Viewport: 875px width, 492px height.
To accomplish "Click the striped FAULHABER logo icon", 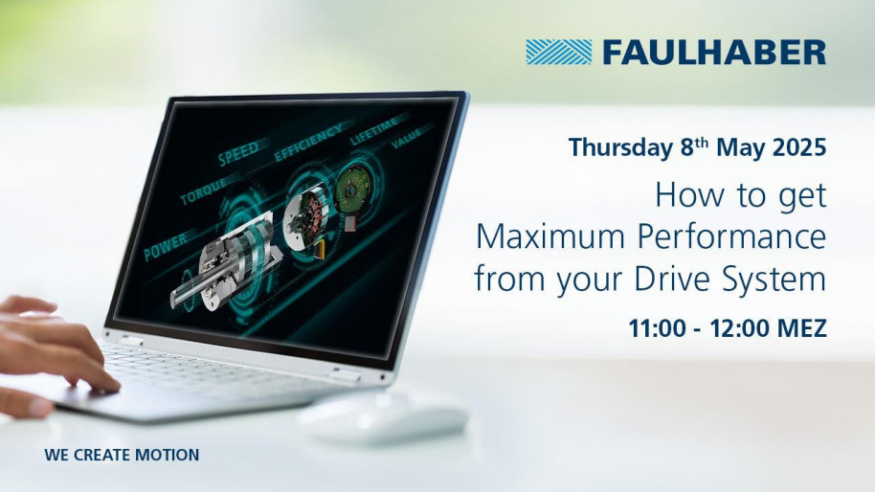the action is coord(558,52).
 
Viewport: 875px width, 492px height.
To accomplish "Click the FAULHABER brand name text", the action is coord(714,53).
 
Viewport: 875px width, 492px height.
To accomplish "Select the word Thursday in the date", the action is coord(620,147).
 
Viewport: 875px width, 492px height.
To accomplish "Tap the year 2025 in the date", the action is coord(799,147).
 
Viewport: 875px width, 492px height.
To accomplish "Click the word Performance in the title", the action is coord(731,237).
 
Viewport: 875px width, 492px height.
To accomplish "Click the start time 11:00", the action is coord(658,328).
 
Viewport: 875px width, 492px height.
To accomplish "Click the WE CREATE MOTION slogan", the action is coord(122,456).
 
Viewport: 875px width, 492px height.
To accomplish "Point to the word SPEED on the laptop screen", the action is coord(238,153).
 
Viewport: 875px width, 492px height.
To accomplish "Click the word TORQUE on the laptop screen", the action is coord(204,191).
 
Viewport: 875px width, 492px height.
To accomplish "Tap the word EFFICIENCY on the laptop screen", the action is coord(308,143).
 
